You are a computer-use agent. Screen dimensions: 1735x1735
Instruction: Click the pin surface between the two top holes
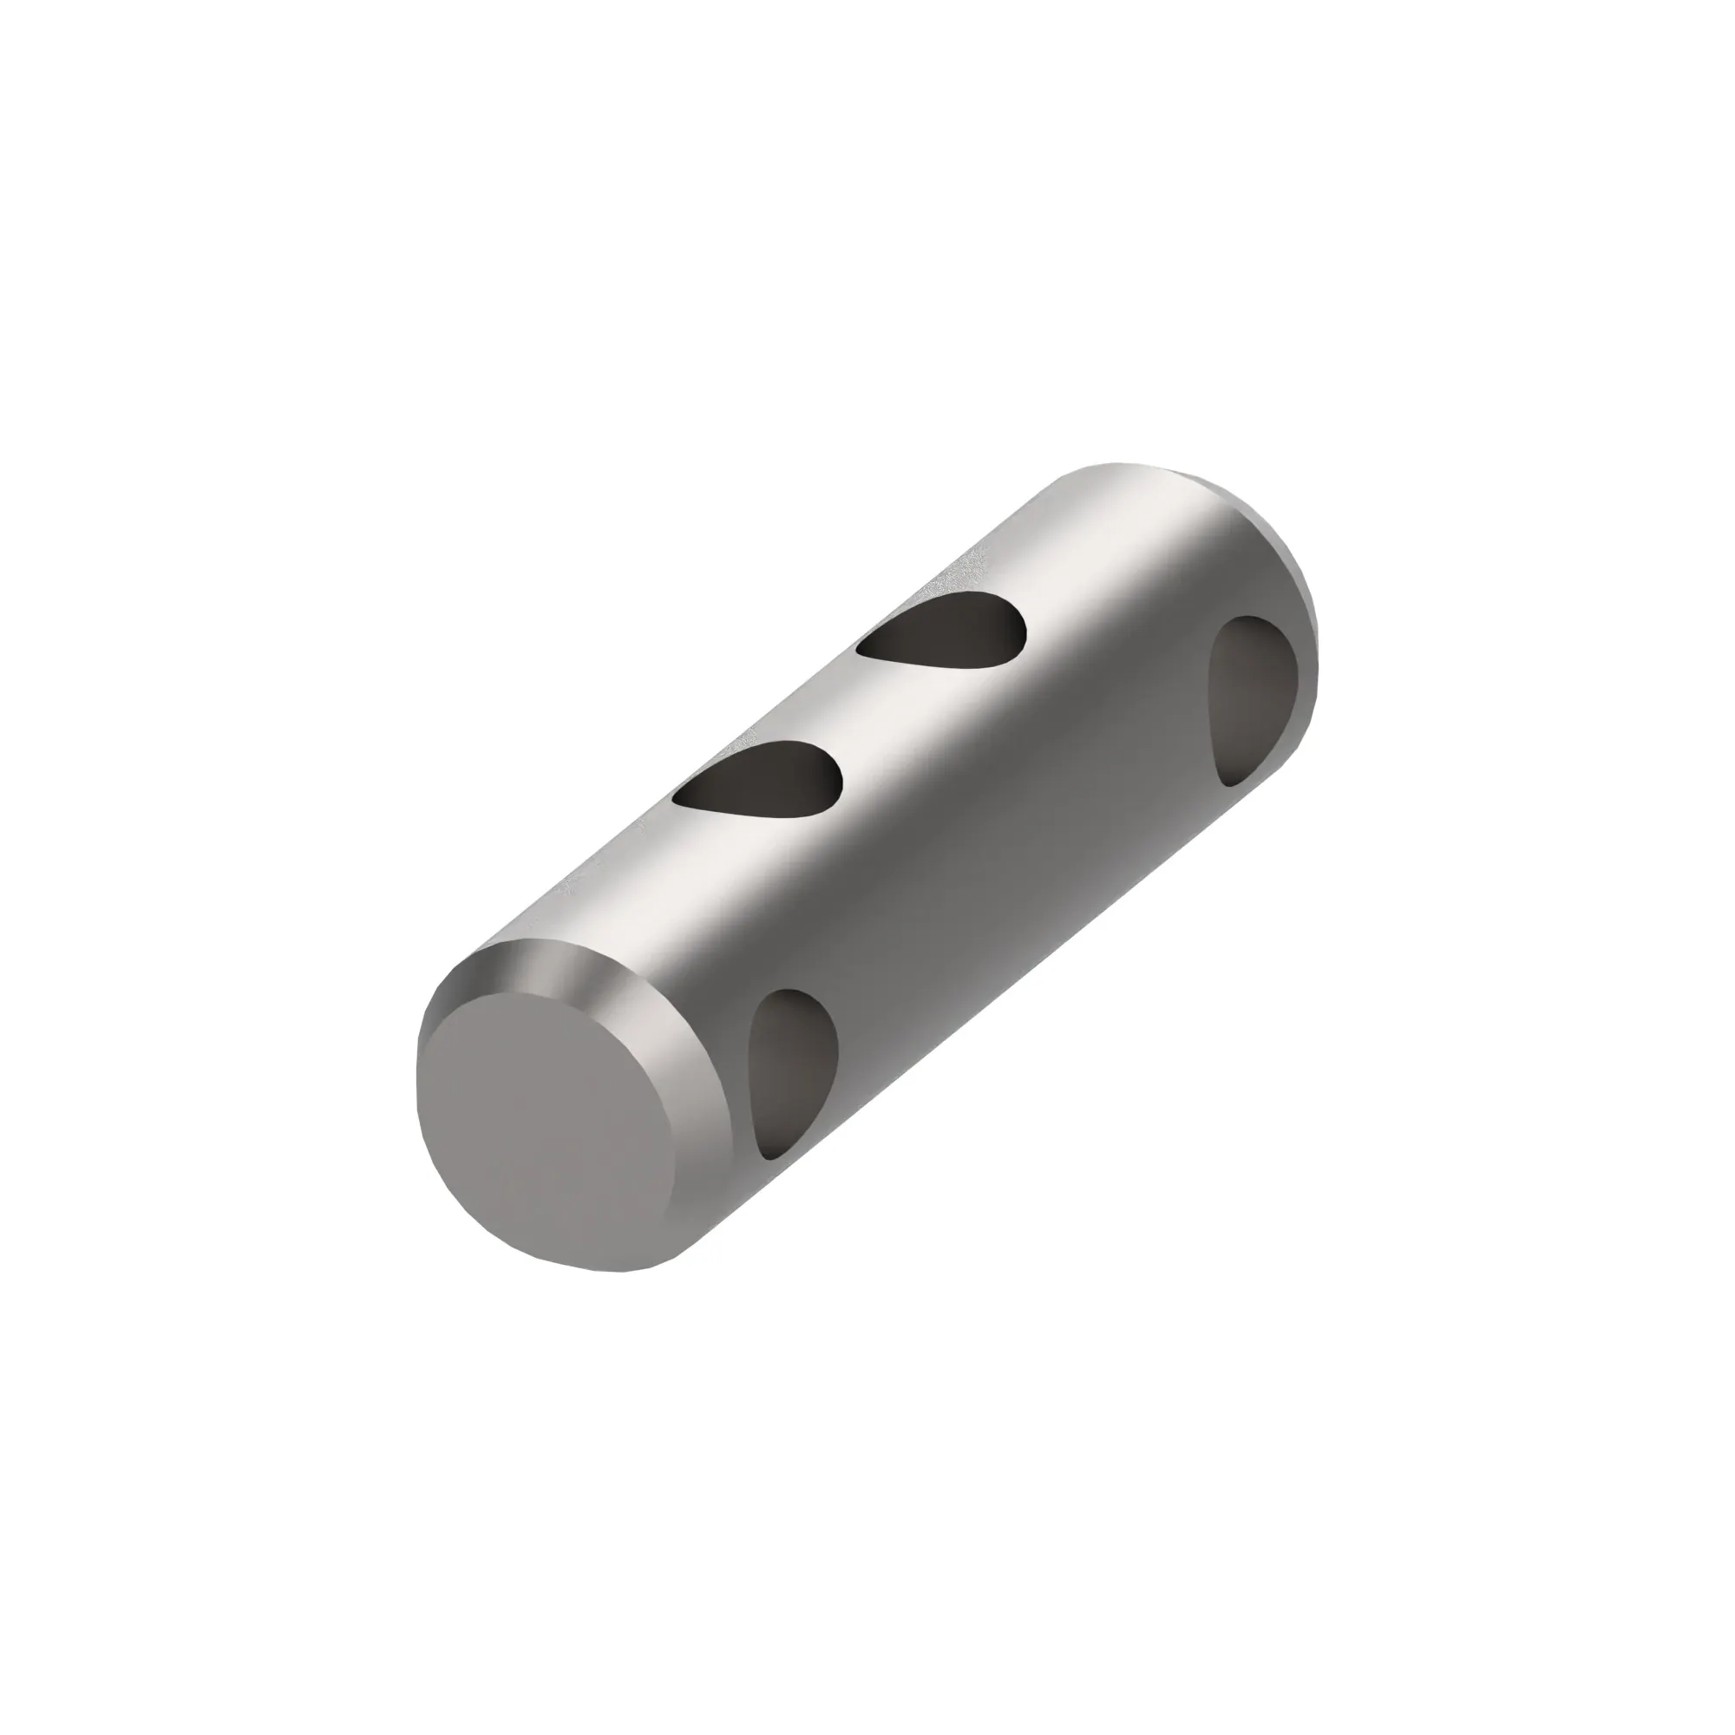point(853,710)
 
